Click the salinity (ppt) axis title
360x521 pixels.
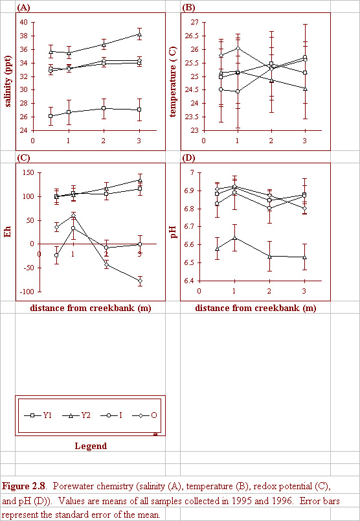click(x=7, y=76)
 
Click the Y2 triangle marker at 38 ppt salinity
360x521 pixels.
click(x=139, y=34)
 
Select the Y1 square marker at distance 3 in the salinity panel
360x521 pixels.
click(x=139, y=110)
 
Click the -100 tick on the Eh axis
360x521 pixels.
click(x=27, y=292)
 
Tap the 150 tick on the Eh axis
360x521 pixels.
click(x=28, y=173)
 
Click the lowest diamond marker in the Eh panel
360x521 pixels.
click(x=140, y=281)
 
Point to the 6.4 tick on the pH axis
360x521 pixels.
click(x=191, y=281)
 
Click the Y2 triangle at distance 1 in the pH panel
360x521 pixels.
click(x=235, y=238)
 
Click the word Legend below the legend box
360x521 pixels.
click(x=91, y=446)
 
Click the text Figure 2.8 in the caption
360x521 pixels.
click(x=23, y=487)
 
